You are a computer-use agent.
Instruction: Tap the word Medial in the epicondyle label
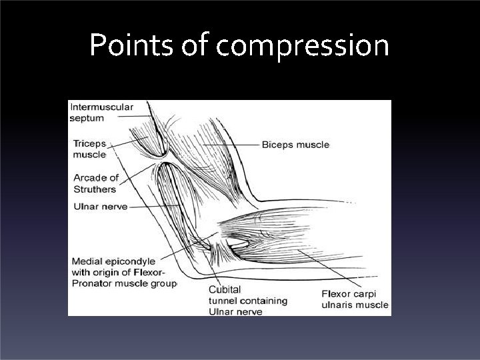pos(87,261)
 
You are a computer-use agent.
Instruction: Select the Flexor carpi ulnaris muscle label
pos(354,300)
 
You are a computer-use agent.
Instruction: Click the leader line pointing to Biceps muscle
pos(230,144)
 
